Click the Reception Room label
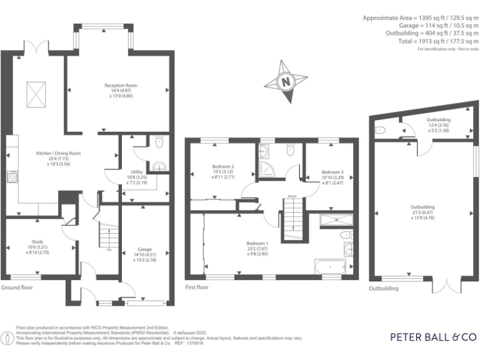pos(121,85)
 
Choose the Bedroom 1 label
pos(257,243)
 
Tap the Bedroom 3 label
pos(332,172)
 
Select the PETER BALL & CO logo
pos(432,337)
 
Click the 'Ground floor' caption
pos(17,288)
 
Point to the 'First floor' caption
pos(197,287)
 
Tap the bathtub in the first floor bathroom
pos(328,267)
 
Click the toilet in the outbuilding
pos(380,131)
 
